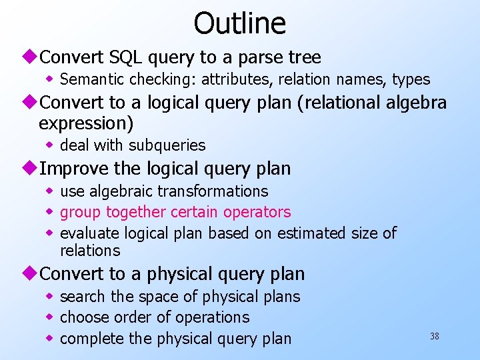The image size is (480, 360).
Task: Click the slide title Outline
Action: click(x=239, y=23)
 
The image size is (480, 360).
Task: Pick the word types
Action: click(x=411, y=79)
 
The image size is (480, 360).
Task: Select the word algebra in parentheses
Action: click(x=415, y=103)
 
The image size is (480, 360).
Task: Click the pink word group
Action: click(x=81, y=213)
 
